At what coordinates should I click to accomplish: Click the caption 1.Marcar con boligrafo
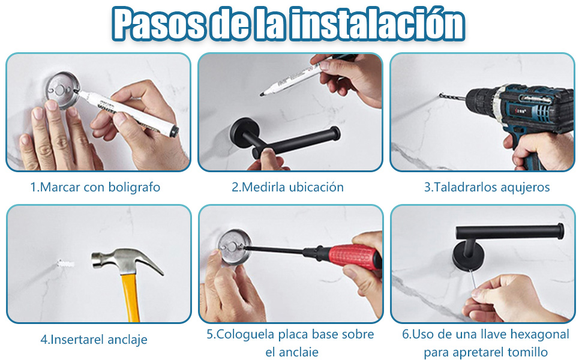95,187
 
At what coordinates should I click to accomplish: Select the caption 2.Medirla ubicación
288,187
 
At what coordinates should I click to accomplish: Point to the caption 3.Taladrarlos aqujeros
487,187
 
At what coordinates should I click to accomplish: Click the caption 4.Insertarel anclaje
94,340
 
